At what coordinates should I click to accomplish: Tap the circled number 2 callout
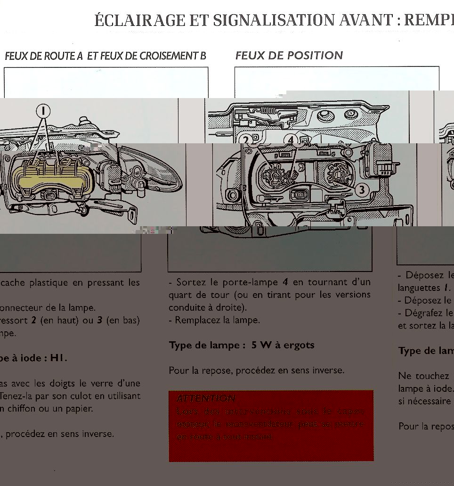tap(245, 140)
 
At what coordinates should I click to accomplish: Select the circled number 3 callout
tap(361, 190)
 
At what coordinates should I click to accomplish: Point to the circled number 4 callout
tap(291, 140)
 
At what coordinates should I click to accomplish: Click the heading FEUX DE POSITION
tap(289, 56)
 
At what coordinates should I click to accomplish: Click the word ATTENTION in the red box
tap(206, 399)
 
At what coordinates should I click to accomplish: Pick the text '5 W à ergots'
tap(283, 345)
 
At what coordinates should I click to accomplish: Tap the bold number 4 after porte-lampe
tap(285, 282)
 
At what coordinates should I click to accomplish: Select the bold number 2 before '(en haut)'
tap(33, 320)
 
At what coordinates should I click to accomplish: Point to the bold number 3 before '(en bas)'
tap(100, 320)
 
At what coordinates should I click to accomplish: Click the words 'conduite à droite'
tap(202, 307)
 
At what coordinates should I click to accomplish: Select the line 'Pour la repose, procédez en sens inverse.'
tap(256, 371)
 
